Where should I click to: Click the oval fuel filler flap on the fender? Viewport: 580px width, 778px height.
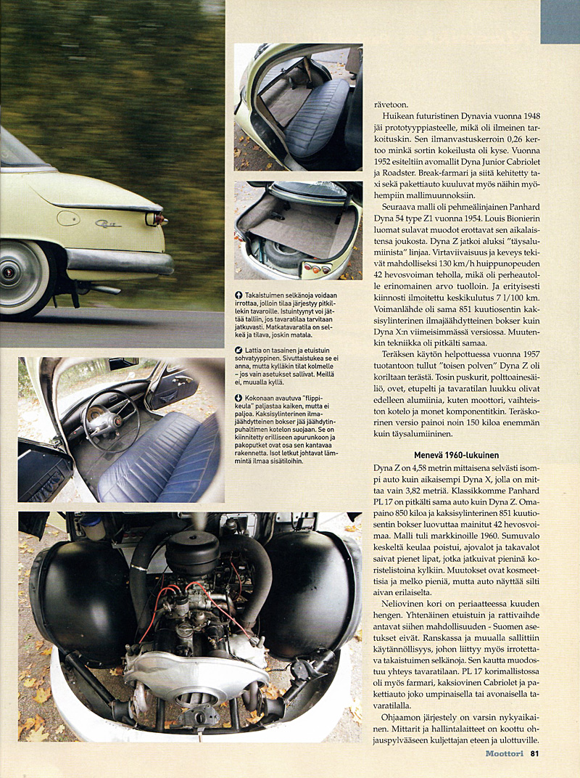pyautogui.click(x=68, y=218)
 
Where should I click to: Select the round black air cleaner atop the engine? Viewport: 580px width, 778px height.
pyautogui.click(x=192, y=552)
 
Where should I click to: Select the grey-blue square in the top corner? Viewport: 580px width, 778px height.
pyautogui.click(x=560, y=22)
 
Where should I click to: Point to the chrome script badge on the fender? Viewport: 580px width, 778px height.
pyautogui.click(x=108, y=224)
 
